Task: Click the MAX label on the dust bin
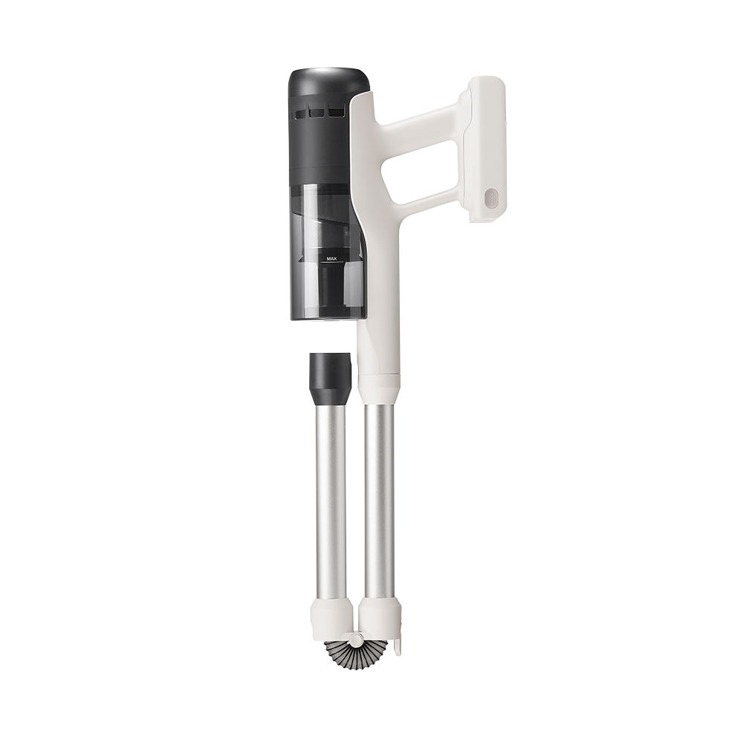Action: click(x=331, y=259)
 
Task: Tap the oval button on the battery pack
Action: click(x=490, y=198)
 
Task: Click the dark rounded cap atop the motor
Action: click(x=328, y=83)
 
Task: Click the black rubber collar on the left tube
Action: click(x=331, y=379)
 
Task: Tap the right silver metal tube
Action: click(x=379, y=505)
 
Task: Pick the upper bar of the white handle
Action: click(x=420, y=123)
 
